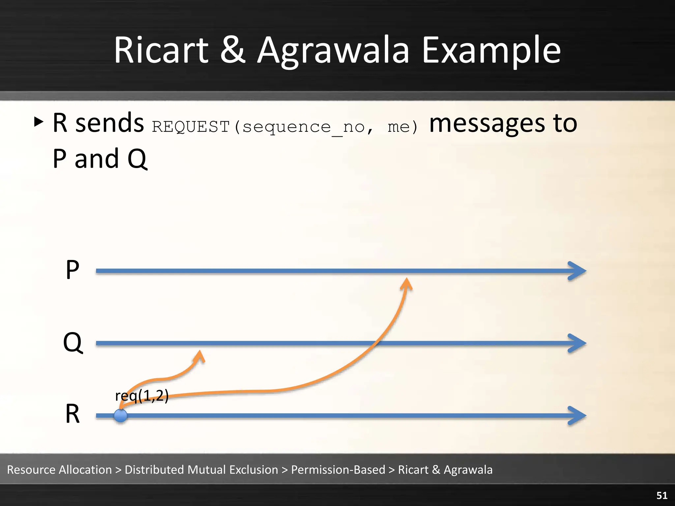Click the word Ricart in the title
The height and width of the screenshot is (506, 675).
[x=161, y=50]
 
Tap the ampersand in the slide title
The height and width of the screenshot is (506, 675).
[x=233, y=50]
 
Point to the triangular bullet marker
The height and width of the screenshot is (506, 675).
[x=39, y=122]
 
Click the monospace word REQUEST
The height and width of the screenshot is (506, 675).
[x=191, y=127]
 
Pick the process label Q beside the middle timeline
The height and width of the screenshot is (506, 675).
[x=73, y=343]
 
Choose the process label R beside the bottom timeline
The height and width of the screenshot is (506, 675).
[x=73, y=414]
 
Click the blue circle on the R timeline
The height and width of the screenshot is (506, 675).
[x=121, y=416]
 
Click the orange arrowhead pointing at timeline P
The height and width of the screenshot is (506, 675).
[x=407, y=283]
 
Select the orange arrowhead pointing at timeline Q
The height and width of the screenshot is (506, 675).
[x=200, y=356]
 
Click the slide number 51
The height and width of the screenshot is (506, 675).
[x=662, y=495]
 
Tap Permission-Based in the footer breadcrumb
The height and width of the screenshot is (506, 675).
[x=338, y=470]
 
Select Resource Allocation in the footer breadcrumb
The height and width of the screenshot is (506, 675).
[x=59, y=470]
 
